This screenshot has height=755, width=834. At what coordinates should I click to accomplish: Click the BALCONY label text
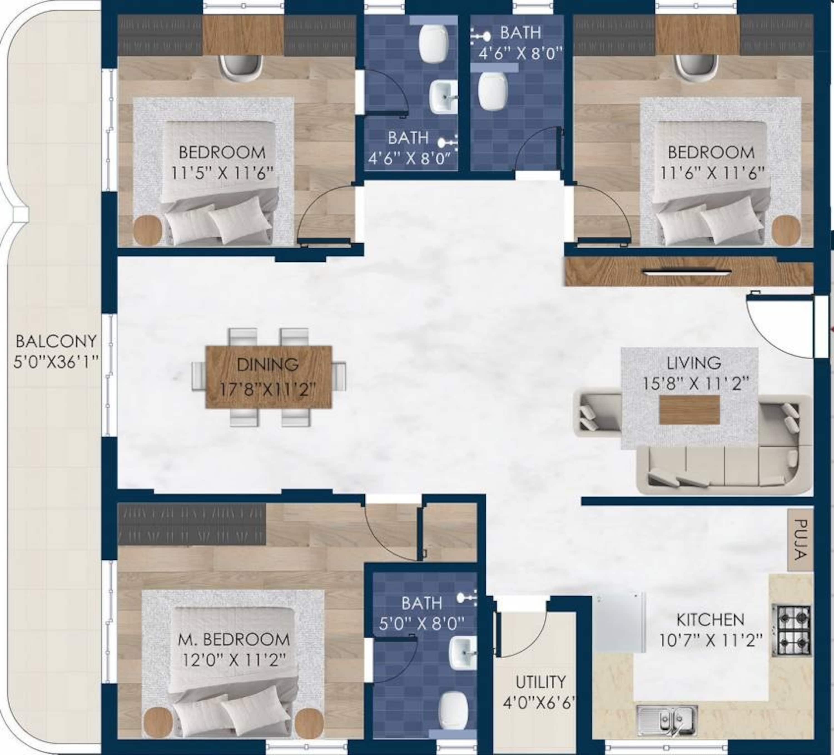click(x=56, y=342)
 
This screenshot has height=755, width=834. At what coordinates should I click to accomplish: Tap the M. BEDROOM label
click(x=234, y=640)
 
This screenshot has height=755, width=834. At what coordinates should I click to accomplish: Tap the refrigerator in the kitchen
click(x=619, y=622)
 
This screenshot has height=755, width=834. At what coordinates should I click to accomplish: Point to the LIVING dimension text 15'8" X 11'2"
click(x=696, y=384)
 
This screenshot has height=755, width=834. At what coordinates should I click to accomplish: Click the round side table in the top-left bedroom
click(x=147, y=230)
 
